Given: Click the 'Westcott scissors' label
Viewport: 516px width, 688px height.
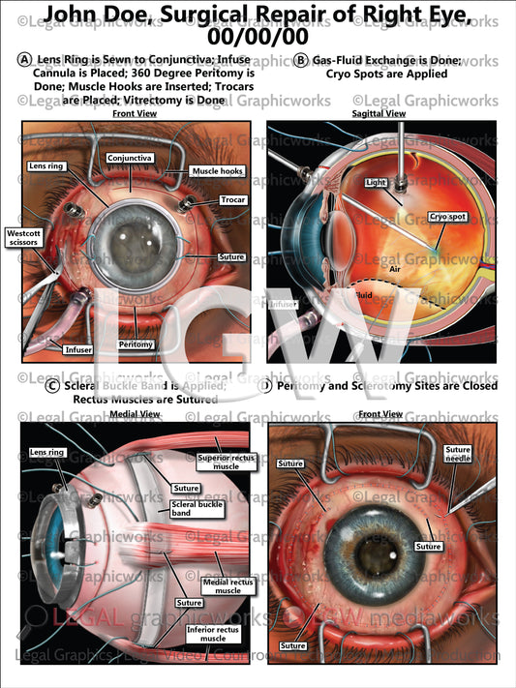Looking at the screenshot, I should (x=23, y=238).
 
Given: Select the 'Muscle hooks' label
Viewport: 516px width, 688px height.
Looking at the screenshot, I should (x=218, y=171).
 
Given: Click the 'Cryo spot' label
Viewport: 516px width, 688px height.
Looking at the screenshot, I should (x=449, y=217).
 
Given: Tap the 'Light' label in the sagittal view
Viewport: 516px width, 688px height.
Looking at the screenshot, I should (x=377, y=182).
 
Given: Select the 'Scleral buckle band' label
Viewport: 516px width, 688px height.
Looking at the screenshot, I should (x=197, y=508).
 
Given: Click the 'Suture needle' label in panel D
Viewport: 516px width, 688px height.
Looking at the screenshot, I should (x=458, y=455).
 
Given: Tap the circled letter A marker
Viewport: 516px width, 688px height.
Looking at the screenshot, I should (x=24, y=60).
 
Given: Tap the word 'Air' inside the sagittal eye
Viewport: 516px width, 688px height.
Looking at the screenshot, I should (x=395, y=274).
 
